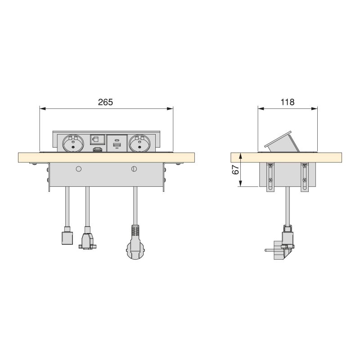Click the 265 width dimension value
pyautogui.click(x=105, y=102)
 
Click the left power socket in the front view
pyautogui.click(x=72, y=144)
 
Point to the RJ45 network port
pyautogui.click(x=97, y=139)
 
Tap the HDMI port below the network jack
pyautogui.click(x=97, y=149)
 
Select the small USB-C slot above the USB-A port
pyautogui.click(x=117, y=140)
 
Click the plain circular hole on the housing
pyautogui.click(x=78, y=169)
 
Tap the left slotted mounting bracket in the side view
pyautogui.click(x=270, y=177)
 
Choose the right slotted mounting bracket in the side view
pyautogui.click(x=305, y=177)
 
